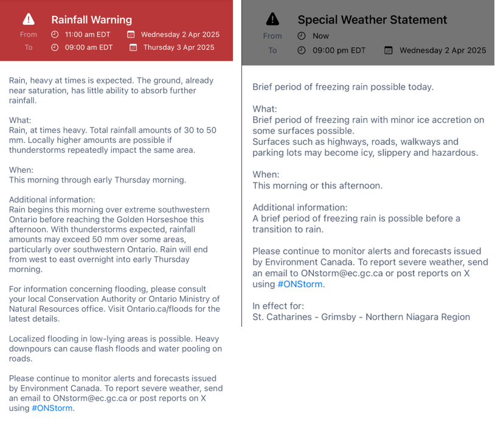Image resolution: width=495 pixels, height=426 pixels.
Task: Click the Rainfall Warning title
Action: [x=91, y=20]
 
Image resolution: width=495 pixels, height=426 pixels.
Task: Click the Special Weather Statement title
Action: [x=372, y=19]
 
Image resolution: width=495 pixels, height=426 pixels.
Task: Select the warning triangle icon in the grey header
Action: [x=273, y=19]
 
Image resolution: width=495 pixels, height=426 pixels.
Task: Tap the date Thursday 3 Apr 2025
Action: [x=179, y=47]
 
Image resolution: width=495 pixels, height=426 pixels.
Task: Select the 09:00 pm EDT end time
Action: [x=339, y=51]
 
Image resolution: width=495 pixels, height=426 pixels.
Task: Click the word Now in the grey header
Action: [x=320, y=36]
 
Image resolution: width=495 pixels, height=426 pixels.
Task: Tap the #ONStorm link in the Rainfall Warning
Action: [x=52, y=408]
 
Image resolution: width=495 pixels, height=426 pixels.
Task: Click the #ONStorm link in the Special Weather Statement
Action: [x=300, y=284]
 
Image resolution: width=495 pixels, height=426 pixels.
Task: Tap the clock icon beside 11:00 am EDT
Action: [x=55, y=35]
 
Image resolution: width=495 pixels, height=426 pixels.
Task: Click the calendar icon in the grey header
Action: [x=389, y=51]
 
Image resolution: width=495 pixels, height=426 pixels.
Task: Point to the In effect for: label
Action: [x=279, y=306]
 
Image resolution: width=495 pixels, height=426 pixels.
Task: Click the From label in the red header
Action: [x=28, y=35]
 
